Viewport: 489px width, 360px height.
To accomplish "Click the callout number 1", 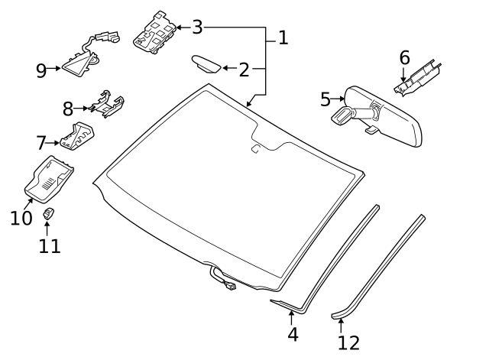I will (x=283, y=37).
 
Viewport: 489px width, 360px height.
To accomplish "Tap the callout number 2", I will (x=244, y=70).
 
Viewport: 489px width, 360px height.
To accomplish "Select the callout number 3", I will (x=197, y=28).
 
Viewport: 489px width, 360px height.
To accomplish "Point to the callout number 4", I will (x=292, y=334).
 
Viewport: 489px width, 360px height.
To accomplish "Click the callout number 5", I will (x=325, y=99).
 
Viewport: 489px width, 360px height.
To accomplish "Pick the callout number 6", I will (x=404, y=57).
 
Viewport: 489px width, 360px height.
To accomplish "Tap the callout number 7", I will (x=41, y=142).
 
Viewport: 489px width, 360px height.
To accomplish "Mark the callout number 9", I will (x=41, y=70).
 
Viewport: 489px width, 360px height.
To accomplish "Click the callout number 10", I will (x=21, y=218).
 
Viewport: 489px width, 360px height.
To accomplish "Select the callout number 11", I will (x=49, y=245).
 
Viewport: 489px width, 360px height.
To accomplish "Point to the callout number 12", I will (x=348, y=342).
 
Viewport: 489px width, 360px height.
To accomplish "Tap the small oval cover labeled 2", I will (x=206, y=63).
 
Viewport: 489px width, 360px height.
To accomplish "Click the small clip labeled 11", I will (x=48, y=214).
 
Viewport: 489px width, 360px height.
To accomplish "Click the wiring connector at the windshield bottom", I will (x=227, y=287).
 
